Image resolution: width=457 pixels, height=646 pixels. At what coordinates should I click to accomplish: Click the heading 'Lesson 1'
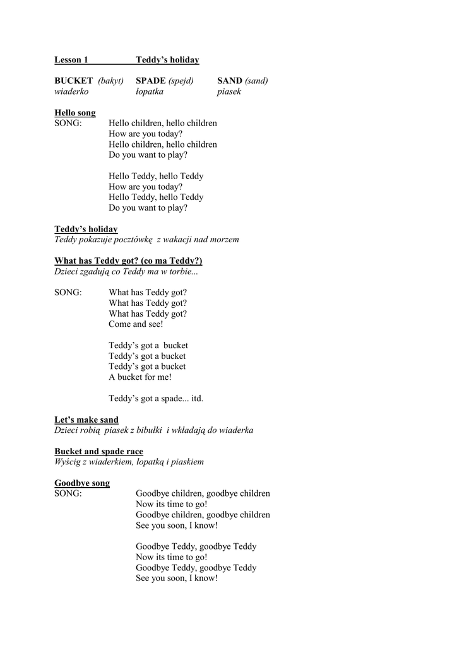point(71,60)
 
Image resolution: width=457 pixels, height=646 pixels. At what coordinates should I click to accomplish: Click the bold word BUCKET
point(73,81)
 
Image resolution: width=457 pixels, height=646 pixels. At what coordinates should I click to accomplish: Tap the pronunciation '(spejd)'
point(181,81)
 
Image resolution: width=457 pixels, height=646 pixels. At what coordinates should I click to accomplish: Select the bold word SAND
point(230,81)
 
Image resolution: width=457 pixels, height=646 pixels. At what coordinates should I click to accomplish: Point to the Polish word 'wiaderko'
point(71,91)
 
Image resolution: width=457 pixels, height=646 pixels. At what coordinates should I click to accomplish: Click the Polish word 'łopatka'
point(150,91)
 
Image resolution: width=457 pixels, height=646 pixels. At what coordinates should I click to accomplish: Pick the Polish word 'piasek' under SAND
point(229,91)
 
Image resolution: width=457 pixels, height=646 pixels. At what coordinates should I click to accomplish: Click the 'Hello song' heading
point(75,113)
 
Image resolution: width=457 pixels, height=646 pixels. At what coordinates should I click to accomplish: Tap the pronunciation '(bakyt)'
point(110,81)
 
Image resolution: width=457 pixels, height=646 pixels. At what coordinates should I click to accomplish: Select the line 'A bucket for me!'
point(140,377)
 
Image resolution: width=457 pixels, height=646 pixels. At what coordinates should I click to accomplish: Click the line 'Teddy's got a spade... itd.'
point(156,399)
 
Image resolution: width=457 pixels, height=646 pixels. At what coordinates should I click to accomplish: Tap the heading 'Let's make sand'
point(86,420)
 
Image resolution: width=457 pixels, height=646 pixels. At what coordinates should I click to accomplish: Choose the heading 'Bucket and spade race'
point(98,452)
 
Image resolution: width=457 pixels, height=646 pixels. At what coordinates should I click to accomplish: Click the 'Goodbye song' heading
point(82,483)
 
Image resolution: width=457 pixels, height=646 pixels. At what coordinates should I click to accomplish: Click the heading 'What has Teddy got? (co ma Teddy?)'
point(128,261)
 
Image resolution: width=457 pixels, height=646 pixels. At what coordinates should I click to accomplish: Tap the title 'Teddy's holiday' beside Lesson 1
point(167,60)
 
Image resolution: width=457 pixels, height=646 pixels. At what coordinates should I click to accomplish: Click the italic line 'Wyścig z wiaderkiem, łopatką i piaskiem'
point(129,462)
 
